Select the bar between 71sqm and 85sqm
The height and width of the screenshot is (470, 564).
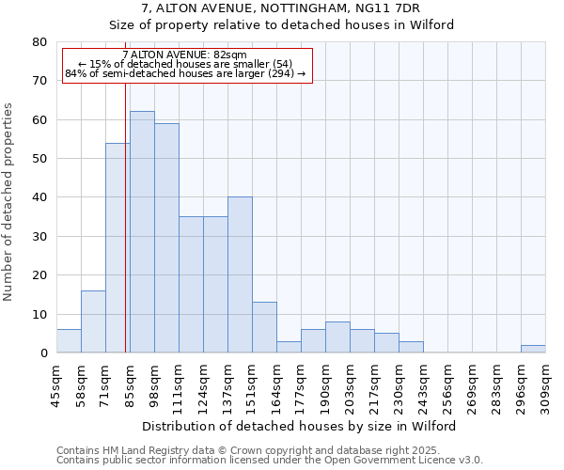[x=117, y=248]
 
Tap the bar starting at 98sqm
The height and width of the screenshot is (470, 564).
[x=166, y=238]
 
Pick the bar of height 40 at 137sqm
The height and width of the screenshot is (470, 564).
[x=240, y=274]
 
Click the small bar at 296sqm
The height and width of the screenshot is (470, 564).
[x=533, y=349]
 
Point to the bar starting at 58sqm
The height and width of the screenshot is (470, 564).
[x=93, y=321]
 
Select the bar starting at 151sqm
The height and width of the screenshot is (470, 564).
[x=264, y=327]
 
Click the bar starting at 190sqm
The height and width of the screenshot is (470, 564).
[x=337, y=337]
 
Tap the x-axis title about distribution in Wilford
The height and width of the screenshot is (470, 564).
[x=301, y=426]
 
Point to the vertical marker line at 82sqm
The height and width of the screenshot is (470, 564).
[x=125, y=216]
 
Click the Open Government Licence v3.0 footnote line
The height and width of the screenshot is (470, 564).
[x=270, y=460]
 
